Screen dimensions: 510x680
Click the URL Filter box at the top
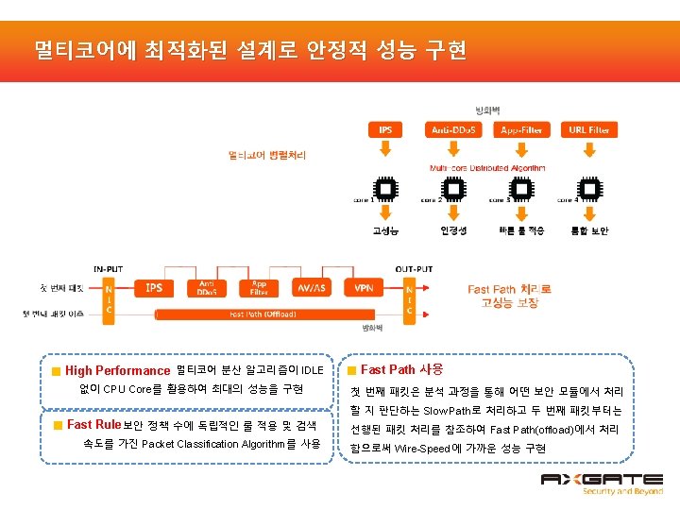[x=588, y=129]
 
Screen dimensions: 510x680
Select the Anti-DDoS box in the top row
[x=453, y=129]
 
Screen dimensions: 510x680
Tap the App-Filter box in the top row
[x=521, y=129]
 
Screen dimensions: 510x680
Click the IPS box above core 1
[x=386, y=129]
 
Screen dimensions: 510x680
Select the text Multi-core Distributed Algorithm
[x=487, y=167]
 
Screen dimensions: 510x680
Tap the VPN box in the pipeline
[x=364, y=287]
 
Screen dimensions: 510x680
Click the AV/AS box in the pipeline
[x=311, y=287]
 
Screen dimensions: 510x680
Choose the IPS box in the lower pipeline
[x=153, y=287]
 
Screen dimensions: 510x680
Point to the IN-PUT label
[x=108, y=268]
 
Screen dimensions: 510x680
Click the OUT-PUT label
[x=413, y=268]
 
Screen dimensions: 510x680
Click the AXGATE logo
[x=603, y=484]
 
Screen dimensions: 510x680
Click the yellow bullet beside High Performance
[x=57, y=371]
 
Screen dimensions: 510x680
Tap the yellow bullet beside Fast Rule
[x=57, y=426]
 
